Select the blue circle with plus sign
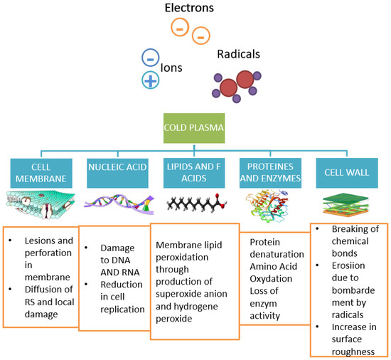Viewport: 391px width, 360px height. (151, 80)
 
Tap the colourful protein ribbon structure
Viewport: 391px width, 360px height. (270, 206)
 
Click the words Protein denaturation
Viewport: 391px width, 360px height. (272, 248)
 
